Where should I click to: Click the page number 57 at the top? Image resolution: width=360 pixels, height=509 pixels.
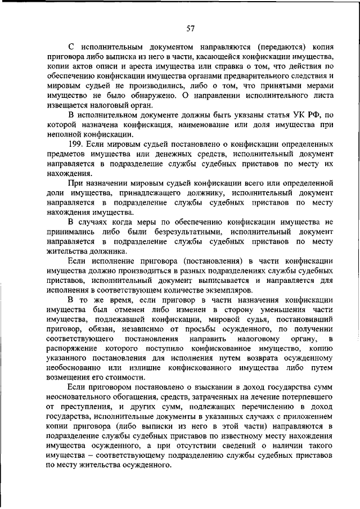click(x=191, y=29)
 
